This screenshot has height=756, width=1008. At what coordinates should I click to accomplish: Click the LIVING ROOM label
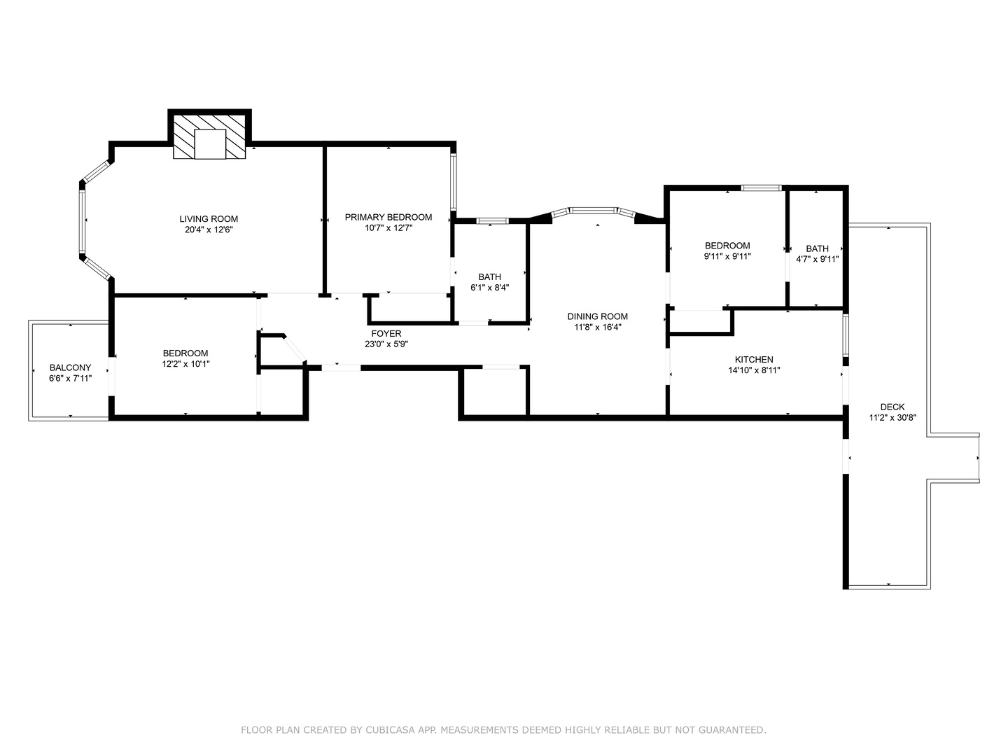point(209,219)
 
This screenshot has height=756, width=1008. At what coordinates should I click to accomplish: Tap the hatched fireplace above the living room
point(210,137)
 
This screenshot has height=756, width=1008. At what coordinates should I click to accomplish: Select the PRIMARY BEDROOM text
point(388,217)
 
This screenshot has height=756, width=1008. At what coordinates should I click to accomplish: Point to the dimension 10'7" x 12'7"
point(388,227)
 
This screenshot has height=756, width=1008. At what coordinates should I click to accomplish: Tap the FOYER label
point(386,334)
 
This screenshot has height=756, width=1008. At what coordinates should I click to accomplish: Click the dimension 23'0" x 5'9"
point(386,344)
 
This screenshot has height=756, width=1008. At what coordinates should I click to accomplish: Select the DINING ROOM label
point(597,316)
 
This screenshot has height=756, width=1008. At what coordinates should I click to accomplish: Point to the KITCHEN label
point(754,360)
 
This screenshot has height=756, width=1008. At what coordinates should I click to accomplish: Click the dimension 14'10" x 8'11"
point(754,370)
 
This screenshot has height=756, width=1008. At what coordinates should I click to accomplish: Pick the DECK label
point(892,407)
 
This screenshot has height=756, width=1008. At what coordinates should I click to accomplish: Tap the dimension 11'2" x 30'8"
point(892,417)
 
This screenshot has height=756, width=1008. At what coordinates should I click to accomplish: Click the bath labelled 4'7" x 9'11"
point(817,253)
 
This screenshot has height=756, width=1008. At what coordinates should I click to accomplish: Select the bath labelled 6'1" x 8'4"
point(489,281)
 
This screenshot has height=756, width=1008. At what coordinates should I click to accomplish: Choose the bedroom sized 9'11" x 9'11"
point(727,251)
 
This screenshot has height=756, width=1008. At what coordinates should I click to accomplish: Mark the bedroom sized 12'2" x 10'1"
point(185,358)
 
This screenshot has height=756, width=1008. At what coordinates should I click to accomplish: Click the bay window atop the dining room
point(594,210)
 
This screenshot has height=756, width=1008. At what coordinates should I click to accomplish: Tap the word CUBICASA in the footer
point(395,730)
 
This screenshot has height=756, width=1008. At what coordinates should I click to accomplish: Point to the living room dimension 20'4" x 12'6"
point(209,230)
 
